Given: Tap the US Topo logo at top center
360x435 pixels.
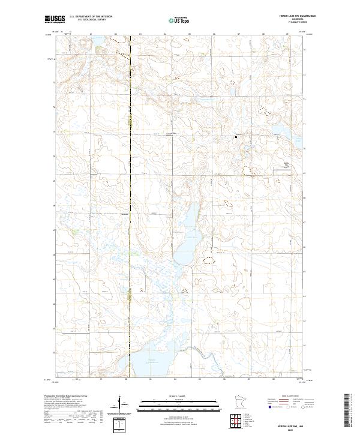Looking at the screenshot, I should point(181,20).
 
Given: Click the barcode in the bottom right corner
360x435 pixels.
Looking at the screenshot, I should point(349,410).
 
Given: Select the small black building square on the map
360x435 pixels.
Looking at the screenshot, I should point(236,137).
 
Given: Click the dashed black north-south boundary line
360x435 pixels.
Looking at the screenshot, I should point(131,180).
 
